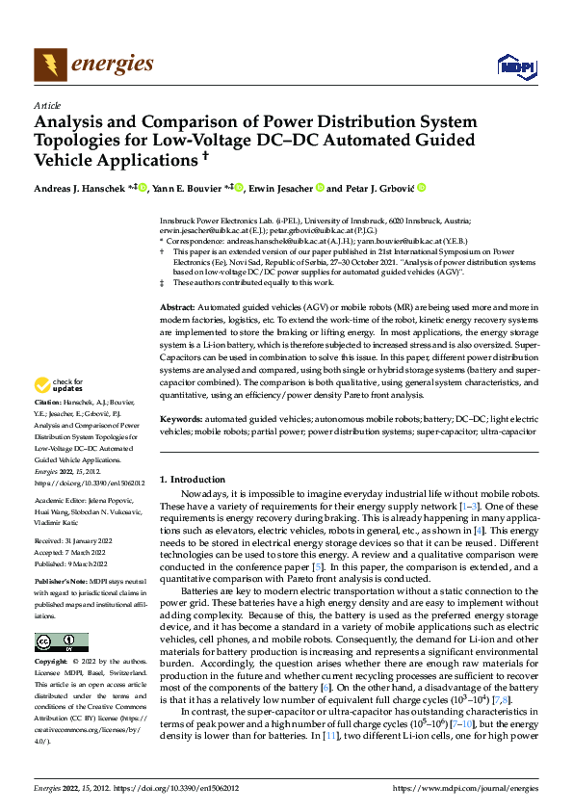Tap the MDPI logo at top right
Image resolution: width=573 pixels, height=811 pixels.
(514, 65)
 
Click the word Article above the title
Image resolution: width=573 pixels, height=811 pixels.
(46, 104)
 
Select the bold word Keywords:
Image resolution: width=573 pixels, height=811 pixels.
(183, 419)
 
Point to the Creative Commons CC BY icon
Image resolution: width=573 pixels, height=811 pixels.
(63, 642)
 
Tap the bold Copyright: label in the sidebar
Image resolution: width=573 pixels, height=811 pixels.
(53, 663)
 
